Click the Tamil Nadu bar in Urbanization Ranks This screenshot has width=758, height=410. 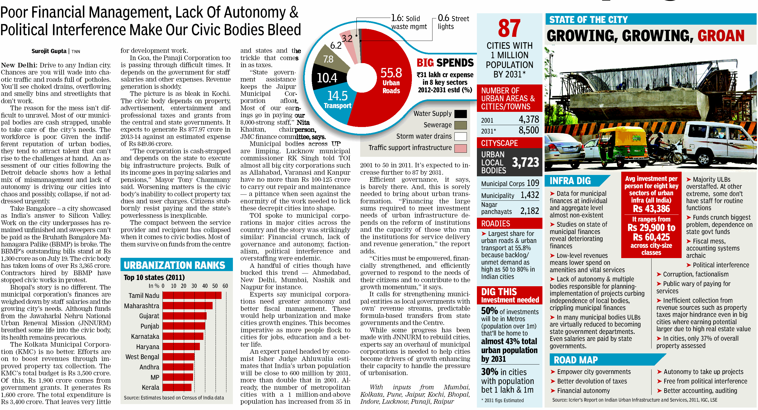pos(192,295)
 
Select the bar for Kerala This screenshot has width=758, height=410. pos(177,387)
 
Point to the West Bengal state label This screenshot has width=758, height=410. pos(142,357)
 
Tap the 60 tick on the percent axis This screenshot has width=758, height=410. pos(225,286)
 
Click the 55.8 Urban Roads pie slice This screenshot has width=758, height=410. pos(385,97)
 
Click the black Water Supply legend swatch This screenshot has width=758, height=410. pos(460,114)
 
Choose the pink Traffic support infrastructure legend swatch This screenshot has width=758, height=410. pos(460,148)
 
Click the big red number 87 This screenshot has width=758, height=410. pos(509,28)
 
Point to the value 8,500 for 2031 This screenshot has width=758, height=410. pos(529,130)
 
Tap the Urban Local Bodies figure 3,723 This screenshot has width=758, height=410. pos(526,162)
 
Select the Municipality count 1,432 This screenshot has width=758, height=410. pos(530,195)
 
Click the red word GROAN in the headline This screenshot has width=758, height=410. pos(721,36)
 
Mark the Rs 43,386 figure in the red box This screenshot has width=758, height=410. pos(651,209)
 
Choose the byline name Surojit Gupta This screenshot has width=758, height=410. pos(49,51)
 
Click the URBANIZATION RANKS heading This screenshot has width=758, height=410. pos(174,265)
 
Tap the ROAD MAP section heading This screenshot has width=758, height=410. pos(576,360)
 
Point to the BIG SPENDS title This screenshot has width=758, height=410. pos(445,63)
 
